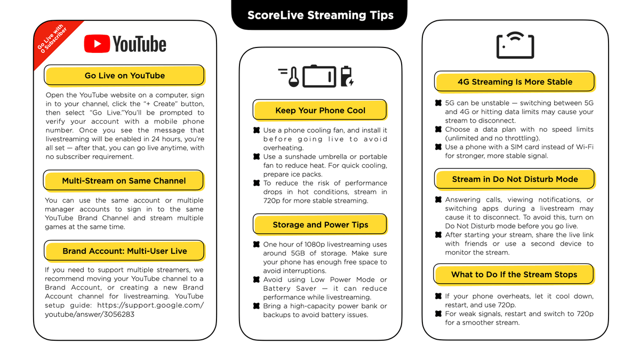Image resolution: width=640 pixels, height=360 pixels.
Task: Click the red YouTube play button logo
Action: (x=97, y=44)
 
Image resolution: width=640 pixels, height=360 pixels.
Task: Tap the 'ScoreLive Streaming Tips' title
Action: (x=321, y=15)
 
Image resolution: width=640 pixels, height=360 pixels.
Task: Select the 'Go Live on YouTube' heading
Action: (x=125, y=75)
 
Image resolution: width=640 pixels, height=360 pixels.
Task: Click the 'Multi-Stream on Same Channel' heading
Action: (x=124, y=181)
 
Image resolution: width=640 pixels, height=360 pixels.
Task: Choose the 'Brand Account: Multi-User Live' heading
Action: (x=125, y=251)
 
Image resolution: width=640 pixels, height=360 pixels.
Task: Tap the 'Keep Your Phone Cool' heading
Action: (x=320, y=110)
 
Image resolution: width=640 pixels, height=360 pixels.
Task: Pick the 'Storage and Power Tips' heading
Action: (x=320, y=225)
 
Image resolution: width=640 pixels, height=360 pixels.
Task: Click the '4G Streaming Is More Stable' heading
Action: (x=515, y=82)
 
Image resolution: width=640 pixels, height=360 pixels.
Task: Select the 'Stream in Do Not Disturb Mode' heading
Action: (x=515, y=179)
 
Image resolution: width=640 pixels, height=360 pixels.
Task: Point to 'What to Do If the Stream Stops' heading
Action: (x=514, y=274)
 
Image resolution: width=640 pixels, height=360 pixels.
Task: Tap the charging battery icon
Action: (x=347, y=76)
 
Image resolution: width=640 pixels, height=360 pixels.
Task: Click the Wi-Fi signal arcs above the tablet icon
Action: (x=515, y=37)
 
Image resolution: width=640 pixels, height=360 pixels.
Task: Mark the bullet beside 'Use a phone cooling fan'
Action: (x=257, y=130)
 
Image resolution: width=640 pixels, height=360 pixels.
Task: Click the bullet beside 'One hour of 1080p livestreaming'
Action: (x=257, y=244)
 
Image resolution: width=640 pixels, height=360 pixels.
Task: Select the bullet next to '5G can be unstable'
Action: (x=438, y=103)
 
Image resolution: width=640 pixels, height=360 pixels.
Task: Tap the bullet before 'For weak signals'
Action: (x=438, y=314)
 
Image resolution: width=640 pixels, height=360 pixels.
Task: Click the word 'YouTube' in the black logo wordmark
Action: (x=139, y=44)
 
